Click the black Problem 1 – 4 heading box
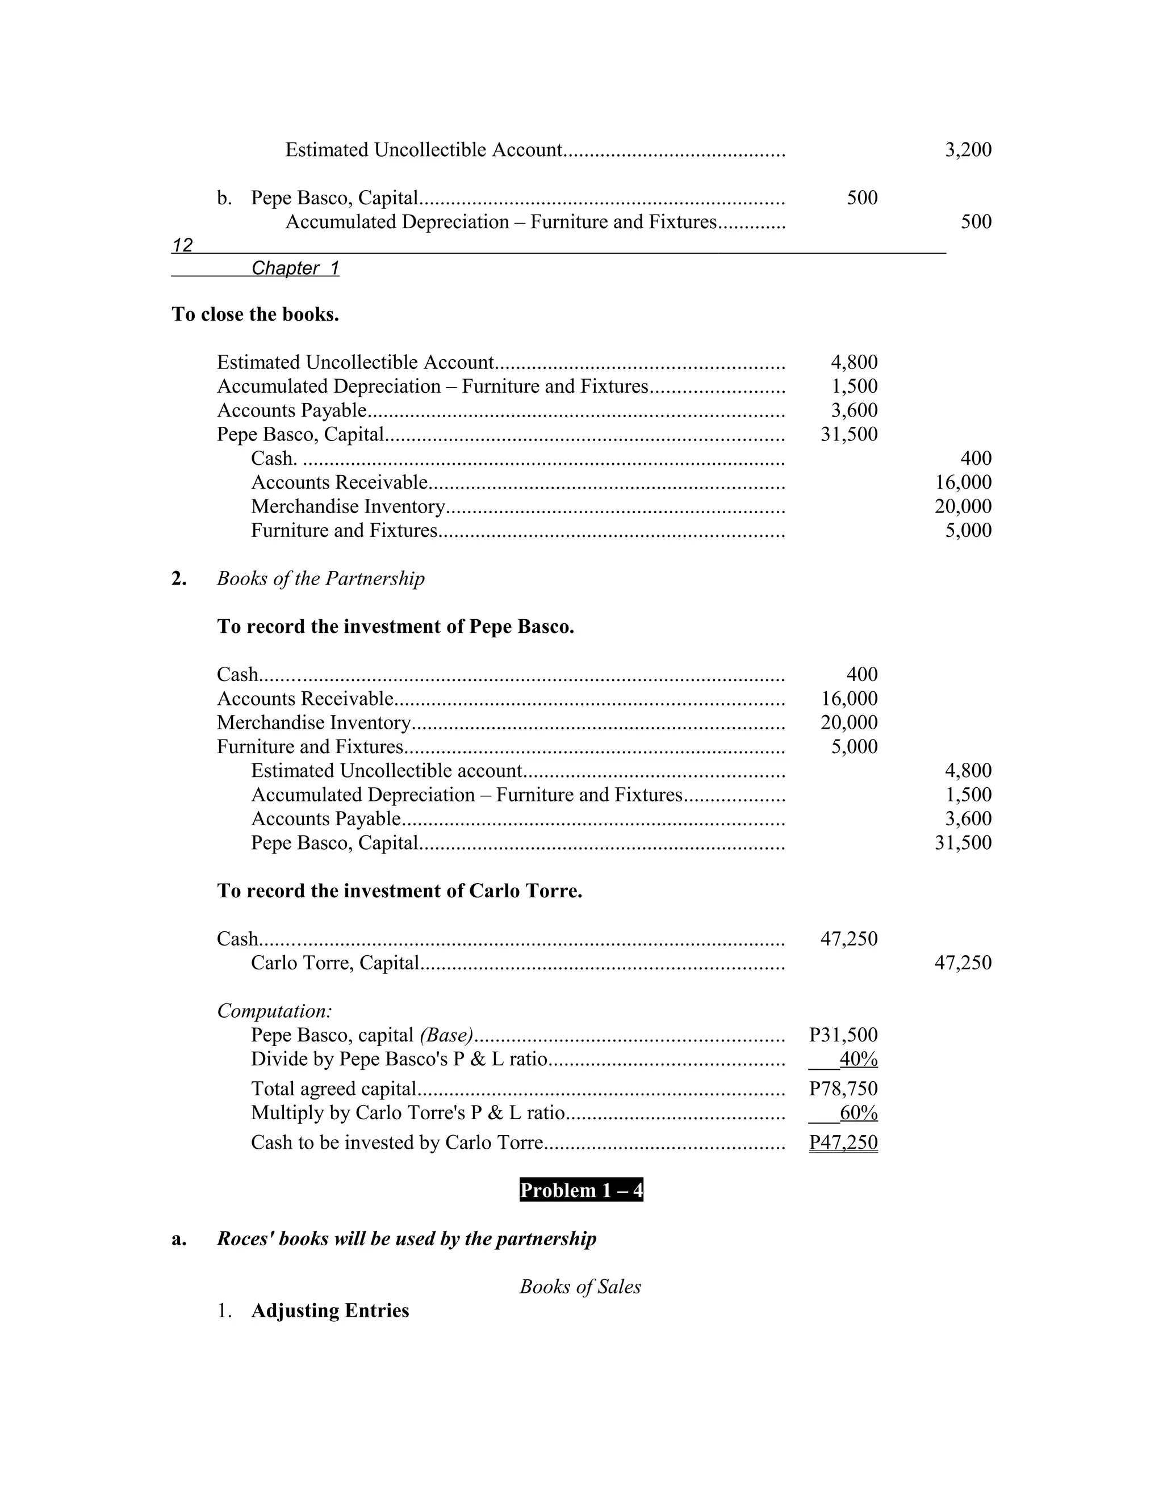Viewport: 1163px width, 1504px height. pos(581,1190)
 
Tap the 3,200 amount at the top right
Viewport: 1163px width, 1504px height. pos(968,149)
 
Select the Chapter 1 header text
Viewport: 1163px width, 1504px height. pos(295,268)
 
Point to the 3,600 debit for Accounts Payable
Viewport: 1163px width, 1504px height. pos(854,410)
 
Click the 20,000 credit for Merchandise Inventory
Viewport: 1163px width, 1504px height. pos(963,506)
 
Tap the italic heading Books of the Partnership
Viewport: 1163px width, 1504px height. pos(320,578)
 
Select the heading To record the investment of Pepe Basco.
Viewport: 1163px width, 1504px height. pos(395,627)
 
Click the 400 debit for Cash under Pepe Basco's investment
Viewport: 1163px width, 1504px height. pos(862,674)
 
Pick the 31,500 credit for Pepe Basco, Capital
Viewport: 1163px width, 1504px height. pos(963,842)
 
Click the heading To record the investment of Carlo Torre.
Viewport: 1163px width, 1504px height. pos(400,891)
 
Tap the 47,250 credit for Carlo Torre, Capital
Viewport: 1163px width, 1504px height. pos(963,963)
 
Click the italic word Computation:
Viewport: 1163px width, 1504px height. pos(274,1011)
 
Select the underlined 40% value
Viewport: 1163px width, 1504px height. pos(858,1058)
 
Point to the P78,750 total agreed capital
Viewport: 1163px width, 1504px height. pos(843,1089)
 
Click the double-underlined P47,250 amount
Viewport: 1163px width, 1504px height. pos(843,1142)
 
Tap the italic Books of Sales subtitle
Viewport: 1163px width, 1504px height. pos(580,1287)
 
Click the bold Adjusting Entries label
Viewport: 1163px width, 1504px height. pos(330,1310)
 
